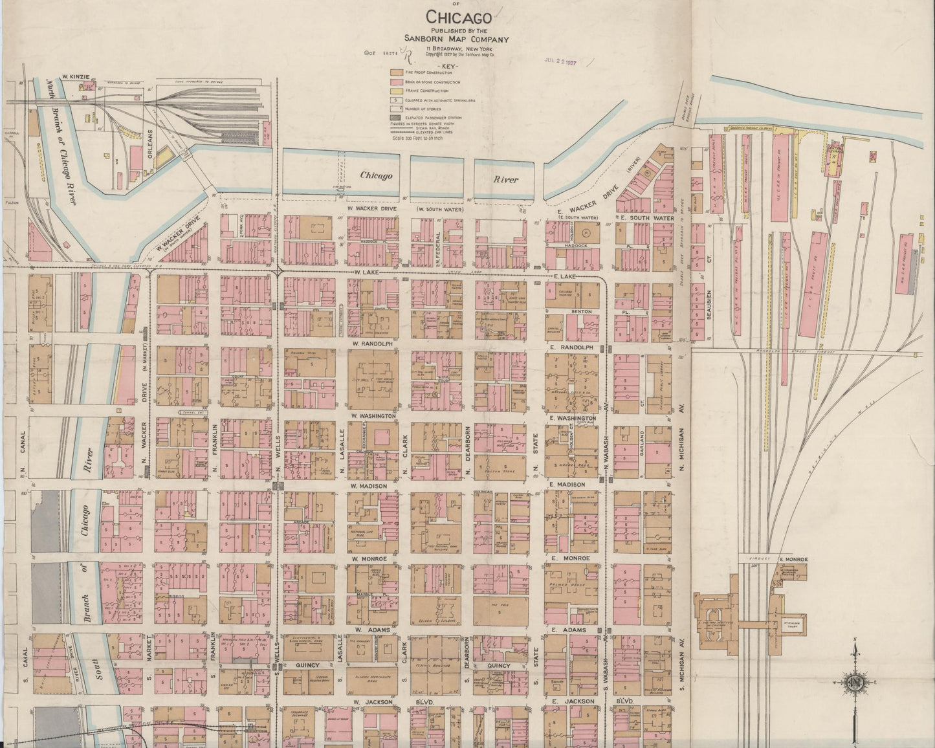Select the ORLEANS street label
pos(150,148)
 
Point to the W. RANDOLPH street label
pos(373,344)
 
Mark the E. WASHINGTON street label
pos(572,419)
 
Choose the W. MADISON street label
pos(368,485)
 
